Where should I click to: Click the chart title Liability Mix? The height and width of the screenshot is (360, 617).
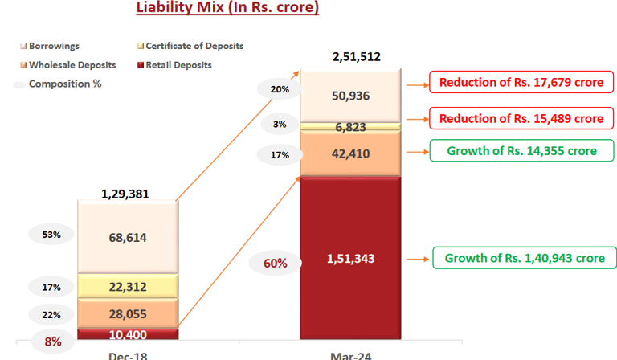coord(227,9)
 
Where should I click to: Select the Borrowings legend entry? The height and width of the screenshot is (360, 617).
coord(53,47)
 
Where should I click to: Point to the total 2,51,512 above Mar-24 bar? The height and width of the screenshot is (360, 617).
coord(356,57)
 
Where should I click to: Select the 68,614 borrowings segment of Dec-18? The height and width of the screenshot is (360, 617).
coord(128,237)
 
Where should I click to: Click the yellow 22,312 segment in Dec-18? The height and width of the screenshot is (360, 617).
coord(128,287)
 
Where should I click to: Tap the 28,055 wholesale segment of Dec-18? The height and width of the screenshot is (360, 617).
coord(128,314)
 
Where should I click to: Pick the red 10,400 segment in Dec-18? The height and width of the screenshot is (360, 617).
coord(128,333)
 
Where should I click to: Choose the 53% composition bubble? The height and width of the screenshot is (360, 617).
coord(51,235)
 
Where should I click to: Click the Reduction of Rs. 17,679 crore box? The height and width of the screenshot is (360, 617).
coord(521,83)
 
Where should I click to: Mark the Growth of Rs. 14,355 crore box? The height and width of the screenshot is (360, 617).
coord(521,150)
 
